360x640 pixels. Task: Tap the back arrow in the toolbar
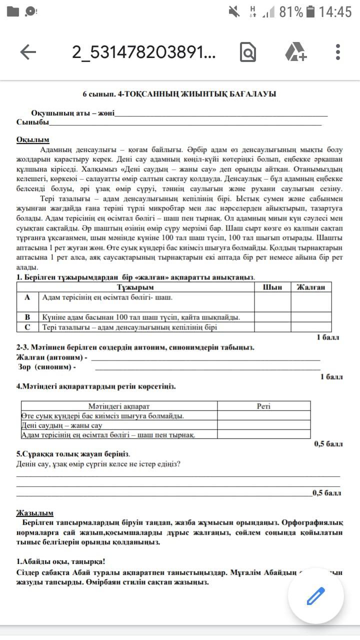point(27,52)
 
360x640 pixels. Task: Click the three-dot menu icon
point(338,52)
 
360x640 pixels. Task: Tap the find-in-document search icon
point(248,52)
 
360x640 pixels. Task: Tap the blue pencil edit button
point(315,596)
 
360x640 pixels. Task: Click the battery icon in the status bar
point(310,11)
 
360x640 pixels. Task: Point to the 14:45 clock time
point(335,11)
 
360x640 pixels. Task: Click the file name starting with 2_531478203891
point(144,52)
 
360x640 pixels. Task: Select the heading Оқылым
point(32,140)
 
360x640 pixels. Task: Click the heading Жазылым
point(35,513)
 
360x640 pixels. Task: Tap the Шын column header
point(272,287)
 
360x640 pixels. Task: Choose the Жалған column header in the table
point(311,287)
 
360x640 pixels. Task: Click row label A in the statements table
point(27,297)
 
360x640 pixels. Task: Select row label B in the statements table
point(27,317)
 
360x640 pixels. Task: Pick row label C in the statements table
point(27,327)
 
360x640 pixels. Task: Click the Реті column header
point(263,406)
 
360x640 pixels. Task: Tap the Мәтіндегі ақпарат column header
point(119,406)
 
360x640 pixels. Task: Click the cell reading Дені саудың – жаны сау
point(62,425)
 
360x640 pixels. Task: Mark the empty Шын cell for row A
point(272,301)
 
